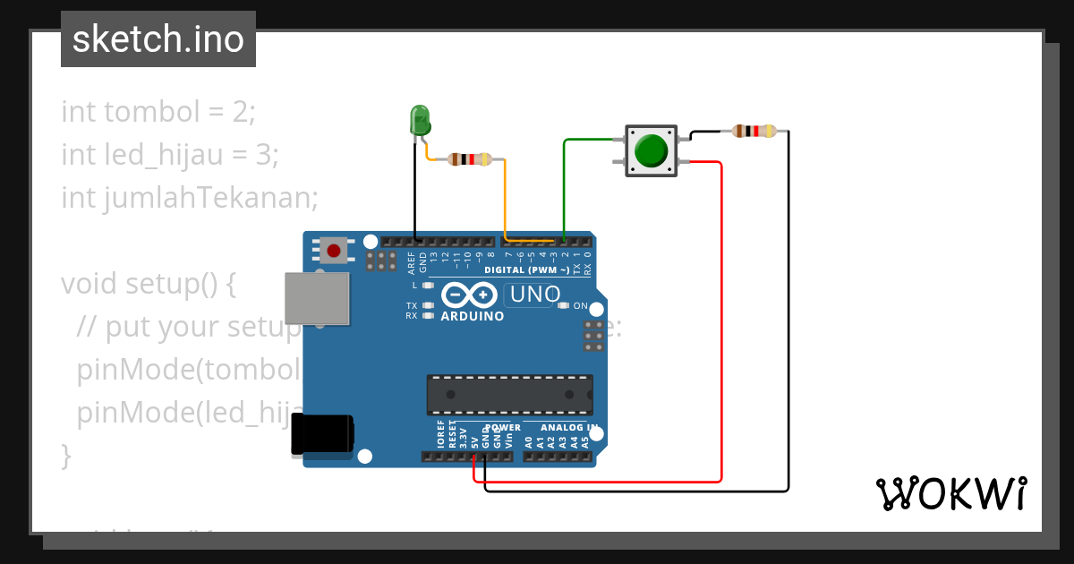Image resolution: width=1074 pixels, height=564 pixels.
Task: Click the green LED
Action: [x=419, y=120]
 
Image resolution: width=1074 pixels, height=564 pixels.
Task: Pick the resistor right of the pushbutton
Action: [x=754, y=132]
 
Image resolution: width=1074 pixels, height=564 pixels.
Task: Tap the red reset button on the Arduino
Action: [x=335, y=250]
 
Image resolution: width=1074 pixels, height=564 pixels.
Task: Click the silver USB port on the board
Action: [x=316, y=298]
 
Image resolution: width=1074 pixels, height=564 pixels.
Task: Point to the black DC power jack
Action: [x=322, y=437]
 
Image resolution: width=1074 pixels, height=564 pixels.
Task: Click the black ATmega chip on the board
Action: [x=508, y=395]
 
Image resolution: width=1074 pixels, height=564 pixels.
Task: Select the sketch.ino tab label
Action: [x=158, y=39]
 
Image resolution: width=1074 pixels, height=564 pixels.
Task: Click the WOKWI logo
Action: [x=950, y=493]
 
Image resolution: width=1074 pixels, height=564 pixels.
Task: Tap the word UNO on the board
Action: [x=533, y=294]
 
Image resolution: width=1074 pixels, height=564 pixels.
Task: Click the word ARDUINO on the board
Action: [x=473, y=316]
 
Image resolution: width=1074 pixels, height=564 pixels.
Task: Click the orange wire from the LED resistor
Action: [x=506, y=197]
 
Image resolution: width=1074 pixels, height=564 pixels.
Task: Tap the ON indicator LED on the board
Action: [x=563, y=306]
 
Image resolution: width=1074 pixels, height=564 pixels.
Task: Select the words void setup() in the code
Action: [x=148, y=283]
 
